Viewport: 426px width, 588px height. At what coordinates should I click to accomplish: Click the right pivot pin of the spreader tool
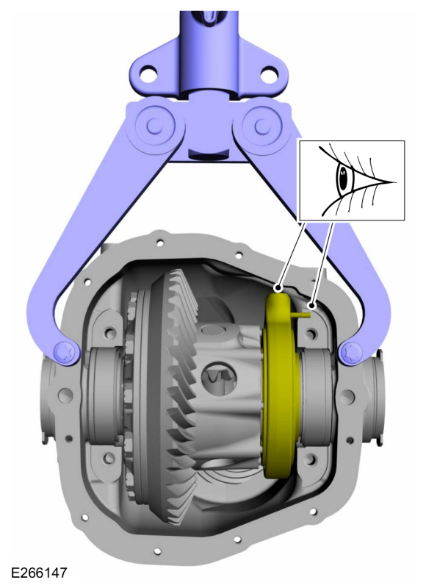pyautogui.click(x=261, y=126)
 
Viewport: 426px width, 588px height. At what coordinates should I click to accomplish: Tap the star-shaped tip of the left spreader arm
pyautogui.click(x=65, y=352)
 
